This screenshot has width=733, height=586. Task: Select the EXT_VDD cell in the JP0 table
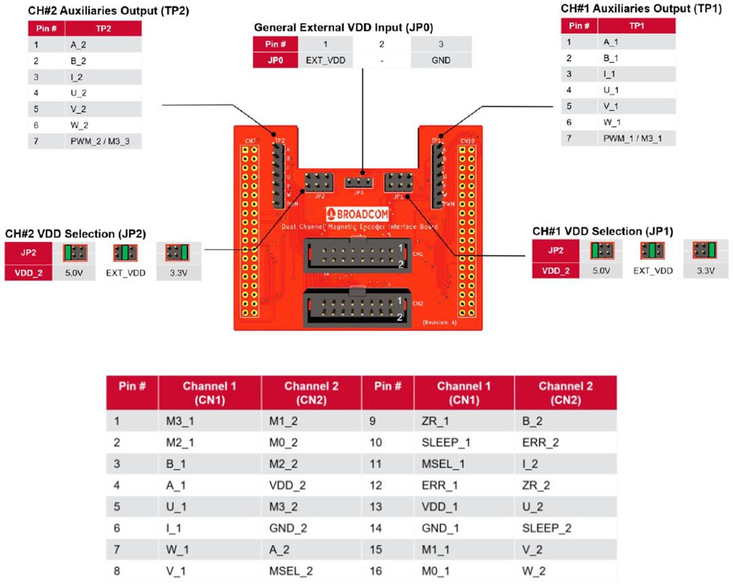tap(325, 60)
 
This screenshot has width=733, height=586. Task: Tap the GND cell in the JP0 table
tap(440, 60)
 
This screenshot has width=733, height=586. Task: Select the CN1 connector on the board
tap(357, 255)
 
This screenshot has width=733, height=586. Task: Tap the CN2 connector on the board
tap(357, 307)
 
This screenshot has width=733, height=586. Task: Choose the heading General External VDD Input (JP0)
tap(343, 28)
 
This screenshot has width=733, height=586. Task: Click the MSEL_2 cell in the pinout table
tap(291, 571)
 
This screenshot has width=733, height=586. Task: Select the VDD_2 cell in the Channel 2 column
tap(288, 485)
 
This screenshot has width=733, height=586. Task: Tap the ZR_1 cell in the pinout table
tap(435, 421)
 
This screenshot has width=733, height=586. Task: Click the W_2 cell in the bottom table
tap(534, 571)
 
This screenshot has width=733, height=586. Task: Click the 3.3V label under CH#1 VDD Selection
tap(706, 271)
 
